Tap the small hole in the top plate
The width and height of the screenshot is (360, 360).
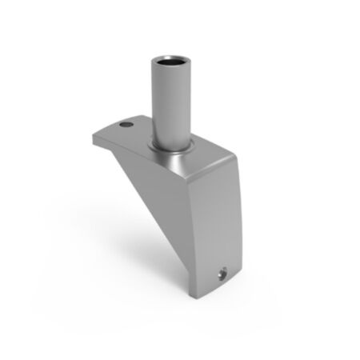point(124,126)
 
